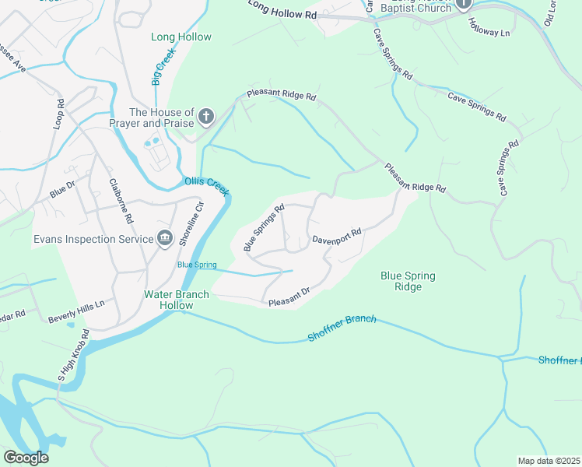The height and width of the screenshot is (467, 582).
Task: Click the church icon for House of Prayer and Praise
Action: [x=206, y=118]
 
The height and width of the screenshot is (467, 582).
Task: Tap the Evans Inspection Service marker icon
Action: [x=164, y=238]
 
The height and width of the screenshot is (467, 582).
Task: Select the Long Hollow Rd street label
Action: [x=283, y=10]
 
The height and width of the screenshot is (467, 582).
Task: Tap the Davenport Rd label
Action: [x=337, y=236]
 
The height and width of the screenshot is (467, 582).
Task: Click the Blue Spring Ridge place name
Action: [x=408, y=281]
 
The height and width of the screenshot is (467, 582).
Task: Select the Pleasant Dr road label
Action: [x=289, y=296]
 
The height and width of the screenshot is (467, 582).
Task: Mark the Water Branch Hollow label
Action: [x=168, y=300]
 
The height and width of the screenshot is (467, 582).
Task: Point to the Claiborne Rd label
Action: [x=122, y=201]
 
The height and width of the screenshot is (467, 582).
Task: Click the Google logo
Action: [x=26, y=458]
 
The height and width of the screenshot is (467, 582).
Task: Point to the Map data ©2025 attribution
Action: [x=549, y=461]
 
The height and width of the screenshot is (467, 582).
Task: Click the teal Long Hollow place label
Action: [x=181, y=37]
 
